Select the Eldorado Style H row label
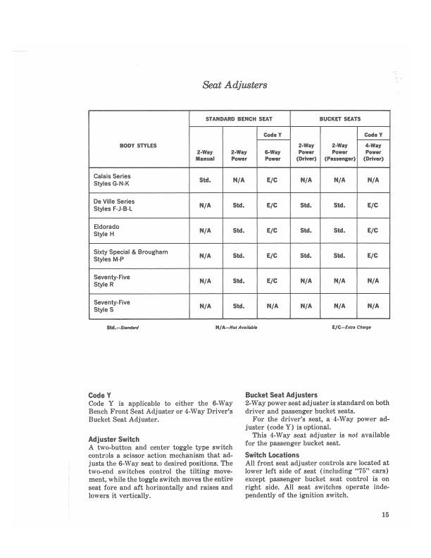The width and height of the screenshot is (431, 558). [x=108, y=230]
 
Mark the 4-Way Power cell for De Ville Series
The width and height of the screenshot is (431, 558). [x=373, y=205]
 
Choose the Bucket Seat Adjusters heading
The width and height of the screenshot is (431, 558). [x=282, y=395]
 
